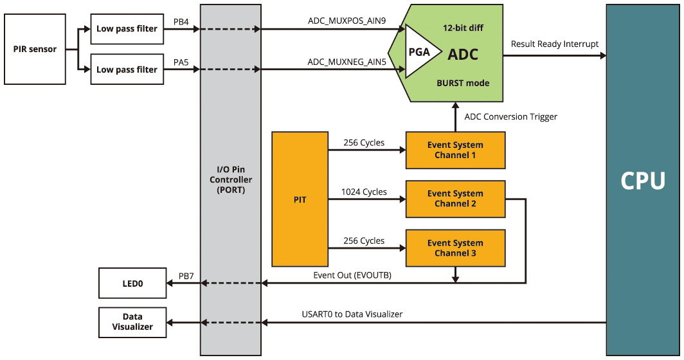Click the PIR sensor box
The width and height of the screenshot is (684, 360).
tap(35, 49)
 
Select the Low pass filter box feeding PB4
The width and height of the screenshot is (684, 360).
tap(127, 29)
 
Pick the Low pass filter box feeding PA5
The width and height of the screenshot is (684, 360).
tap(127, 69)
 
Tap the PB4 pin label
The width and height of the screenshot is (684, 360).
tap(181, 22)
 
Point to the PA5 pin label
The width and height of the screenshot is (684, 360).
tap(181, 62)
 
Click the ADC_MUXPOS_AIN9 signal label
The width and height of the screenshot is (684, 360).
tap(346, 21)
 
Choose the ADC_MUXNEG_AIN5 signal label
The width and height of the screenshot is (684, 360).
tap(346, 62)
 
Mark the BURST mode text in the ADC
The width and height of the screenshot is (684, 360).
tap(463, 83)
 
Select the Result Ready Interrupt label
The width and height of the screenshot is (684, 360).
tap(554, 44)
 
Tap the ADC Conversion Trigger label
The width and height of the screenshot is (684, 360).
tap(510, 117)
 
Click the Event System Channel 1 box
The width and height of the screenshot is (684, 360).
tap(455, 150)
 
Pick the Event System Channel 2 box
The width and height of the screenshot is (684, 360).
tap(455, 199)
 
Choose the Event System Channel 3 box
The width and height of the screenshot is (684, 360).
tap(455, 248)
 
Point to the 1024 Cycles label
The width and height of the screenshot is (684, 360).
tap(364, 192)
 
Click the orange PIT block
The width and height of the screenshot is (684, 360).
tap(300, 199)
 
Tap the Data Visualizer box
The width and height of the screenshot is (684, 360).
tap(132, 321)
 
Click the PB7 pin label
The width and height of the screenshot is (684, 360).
tap(186, 276)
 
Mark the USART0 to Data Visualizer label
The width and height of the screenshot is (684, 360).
tap(352, 314)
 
